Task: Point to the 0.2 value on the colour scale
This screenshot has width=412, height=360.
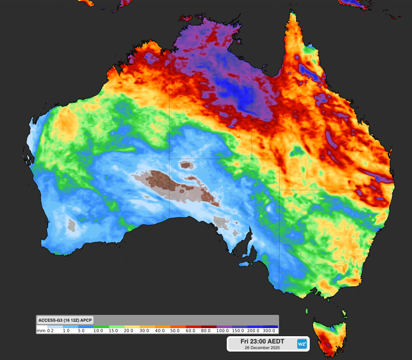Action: pyautogui.click(x=50, y=331)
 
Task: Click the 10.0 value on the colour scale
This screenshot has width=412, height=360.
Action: pyautogui.click(x=98, y=331)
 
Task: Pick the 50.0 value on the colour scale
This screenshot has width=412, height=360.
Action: pyautogui.click(x=175, y=331)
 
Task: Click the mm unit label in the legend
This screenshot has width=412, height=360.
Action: pyautogui.click(x=41, y=331)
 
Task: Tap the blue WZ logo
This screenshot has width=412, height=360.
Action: pyautogui.click(x=302, y=344)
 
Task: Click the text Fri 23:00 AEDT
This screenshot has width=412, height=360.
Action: pyautogui.click(x=262, y=341)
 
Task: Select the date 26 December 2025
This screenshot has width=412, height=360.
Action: pyautogui.click(x=262, y=348)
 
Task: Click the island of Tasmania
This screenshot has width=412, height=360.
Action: pyautogui.click(x=330, y=337)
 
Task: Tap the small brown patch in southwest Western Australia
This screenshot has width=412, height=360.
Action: pyautogui.click(x=72, y=225)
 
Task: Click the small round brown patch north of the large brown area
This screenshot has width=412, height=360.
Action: pyautogui.click(x=186, y=164)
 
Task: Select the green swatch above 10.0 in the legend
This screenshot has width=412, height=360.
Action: pyautogui.click(x=101, y=327)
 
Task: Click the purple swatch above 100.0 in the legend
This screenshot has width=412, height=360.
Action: pyautogui.click(x=224, y=327)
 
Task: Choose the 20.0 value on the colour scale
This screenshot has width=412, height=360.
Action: pyautogui.click(x=129, y=331)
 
